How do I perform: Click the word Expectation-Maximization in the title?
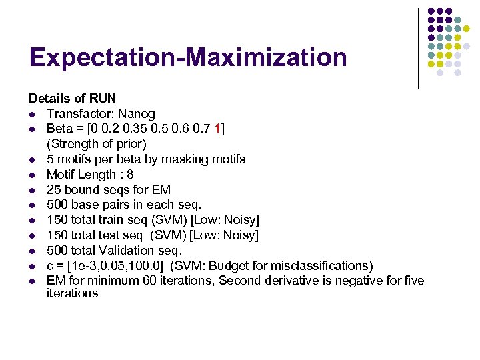click(188, 57)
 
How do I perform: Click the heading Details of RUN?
click(67, 99)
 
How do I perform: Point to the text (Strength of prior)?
click(97, 143)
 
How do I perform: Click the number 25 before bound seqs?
click(54, 190)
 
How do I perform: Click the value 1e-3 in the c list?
click(86, 265)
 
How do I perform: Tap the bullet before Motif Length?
click(31, 175)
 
